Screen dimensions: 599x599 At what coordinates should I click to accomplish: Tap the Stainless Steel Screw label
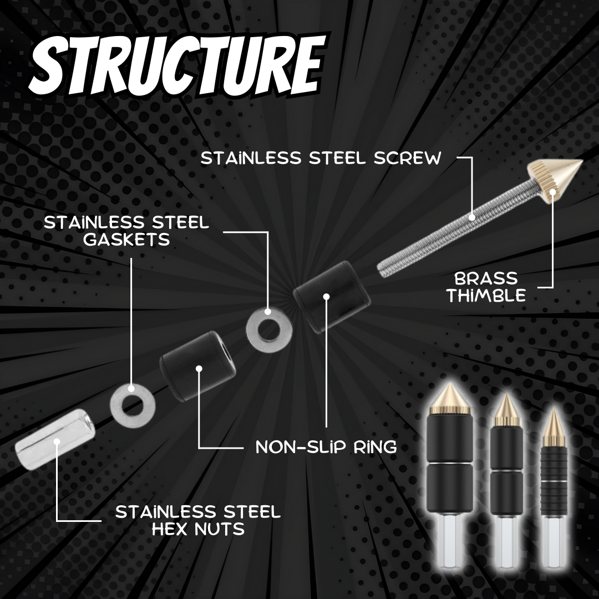(x=321, y=158)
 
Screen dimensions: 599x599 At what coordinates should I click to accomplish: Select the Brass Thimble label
(x=486, y=286)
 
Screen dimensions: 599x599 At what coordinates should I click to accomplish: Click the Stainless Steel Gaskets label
(x=126, y=231)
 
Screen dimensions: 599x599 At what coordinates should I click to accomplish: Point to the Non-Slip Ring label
(x=326, y=447)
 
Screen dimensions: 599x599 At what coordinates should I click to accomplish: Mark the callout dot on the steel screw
(x=473, y=217)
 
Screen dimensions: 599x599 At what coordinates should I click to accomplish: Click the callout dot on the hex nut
(x=57, y=442)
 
